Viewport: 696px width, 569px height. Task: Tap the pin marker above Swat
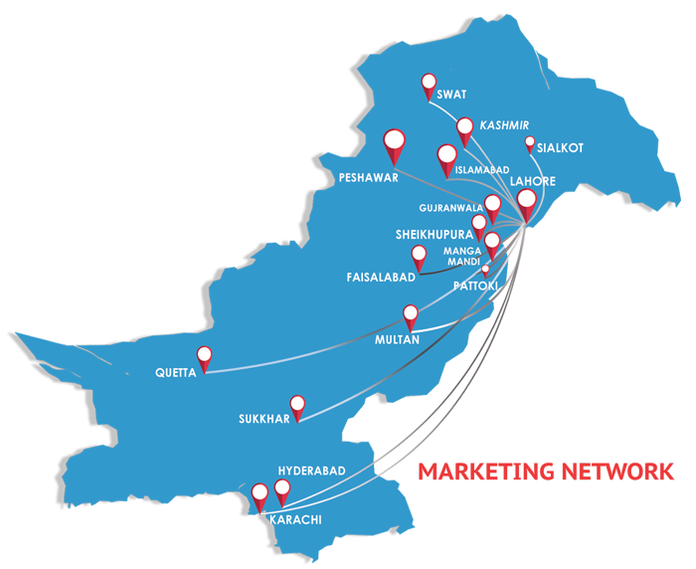[x=430, y=83]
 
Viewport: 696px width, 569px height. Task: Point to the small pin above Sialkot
[x=530, y=142]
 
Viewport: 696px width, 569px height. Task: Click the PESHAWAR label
[x=368, y=178]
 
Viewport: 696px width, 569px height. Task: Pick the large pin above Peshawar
[x=395, y=144]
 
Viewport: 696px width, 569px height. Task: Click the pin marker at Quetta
[x=205, y=355]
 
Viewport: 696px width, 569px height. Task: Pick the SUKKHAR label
[x=263, y=419]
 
